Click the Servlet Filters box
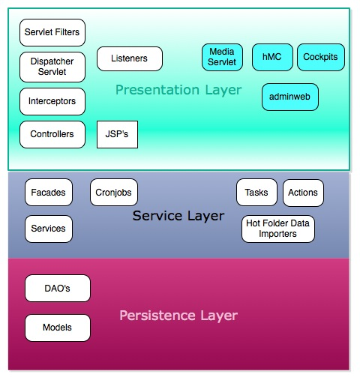pyautogui.click(x=52, y=33)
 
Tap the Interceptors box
pyautogui.click(x=52, y=101)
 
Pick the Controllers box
pyautogui.click(x=52, y=134)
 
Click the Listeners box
pyautogui.click(x=129, y=58)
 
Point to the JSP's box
pyautogui.click(x=117, y=134)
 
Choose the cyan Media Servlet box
pyautogui.click(x=222, y=57)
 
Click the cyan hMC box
pyautogui.click(x=271, y=57)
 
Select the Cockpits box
pyautogui.click(x=320, y=57)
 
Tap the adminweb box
pyautogui.click(x=290, y=97)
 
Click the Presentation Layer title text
pyautogui.click(x=178, y=91)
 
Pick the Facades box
pyautogui.click(x=49, y=193)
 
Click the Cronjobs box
pyautogui.click(x=114, y=193)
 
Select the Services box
pyautogui.click(x=49, y=229)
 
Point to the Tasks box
pyautogui.click(x=256, y=193)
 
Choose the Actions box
pyautogui.click(x=303, y=193)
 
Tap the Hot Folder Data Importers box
pyautogui.click(x=277, y=229)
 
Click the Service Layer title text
pyautogui.click(x=178, y=216)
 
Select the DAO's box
pyautogui.click(x=58, y=289)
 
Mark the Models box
pyautogui.click(x=58, y=328)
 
